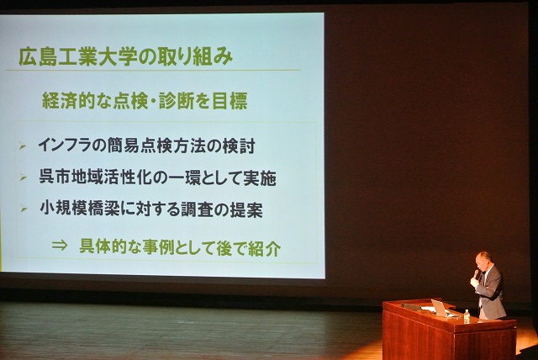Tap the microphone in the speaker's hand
pos(477,273)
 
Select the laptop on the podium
pos(440,307)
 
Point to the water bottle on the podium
pos(467,315)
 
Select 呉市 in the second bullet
pos(53,177)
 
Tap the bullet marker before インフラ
pos(23,146)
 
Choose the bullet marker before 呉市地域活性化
pos(23,178)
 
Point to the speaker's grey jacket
pos(491,294)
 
